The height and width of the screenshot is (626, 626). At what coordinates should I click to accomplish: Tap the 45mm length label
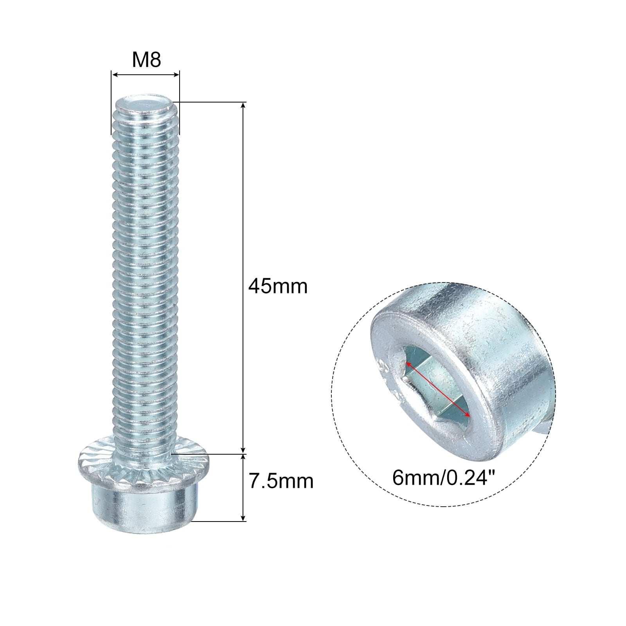click(278, 286)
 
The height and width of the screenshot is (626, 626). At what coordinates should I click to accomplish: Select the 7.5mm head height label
click(281, 481)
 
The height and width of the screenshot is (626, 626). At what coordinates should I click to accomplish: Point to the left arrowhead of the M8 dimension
click(114, 74)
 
